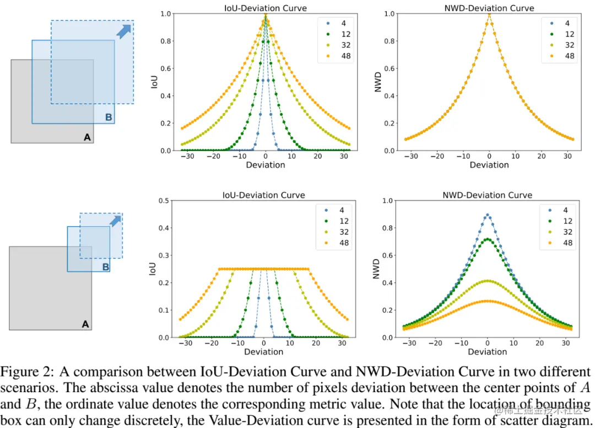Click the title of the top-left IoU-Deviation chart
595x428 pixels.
click(265, 8)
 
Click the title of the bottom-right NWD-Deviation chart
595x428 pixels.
click(487, 195)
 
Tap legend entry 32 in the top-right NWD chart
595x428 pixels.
click(570, 45)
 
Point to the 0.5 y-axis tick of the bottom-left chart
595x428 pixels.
click(164, 201)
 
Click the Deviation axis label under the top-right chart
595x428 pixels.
click(489, 165)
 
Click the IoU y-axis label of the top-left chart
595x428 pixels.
click(155, 82)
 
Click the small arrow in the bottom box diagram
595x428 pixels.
click(115, 221)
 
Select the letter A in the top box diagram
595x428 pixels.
click(86, 137)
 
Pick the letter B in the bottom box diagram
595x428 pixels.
click(106, 267)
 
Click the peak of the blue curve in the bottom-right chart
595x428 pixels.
click(487, 215)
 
